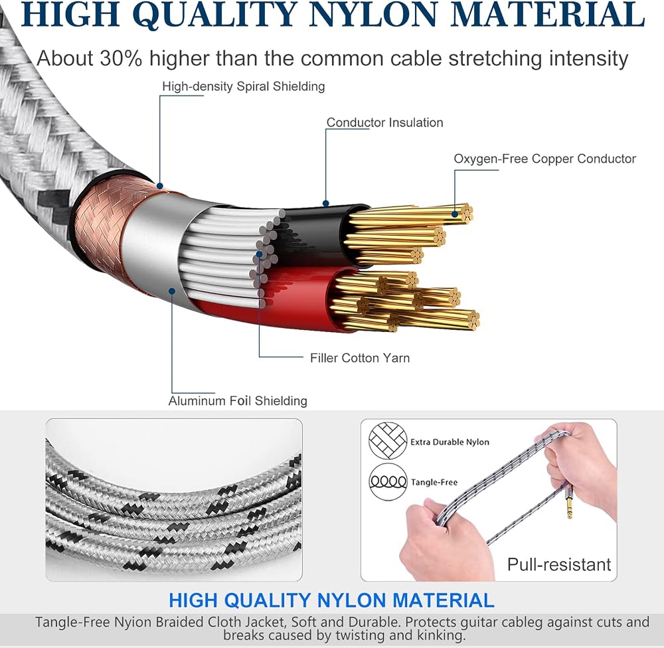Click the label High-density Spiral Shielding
pyautogui.click(x=244, y=86)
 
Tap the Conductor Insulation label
pyautogui.click(x=384, y=122)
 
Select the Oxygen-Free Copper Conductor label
pyautogui.click(x=544, y=159)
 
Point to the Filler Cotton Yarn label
pyautogui.click(x=359, y=358)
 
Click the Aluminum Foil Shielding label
pyautogui.click(x=238, y=400)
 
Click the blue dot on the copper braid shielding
pyautogui.click(x=159, y=186)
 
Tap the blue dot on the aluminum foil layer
pyautogui.click(x=172, y=291)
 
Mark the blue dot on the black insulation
pyautogui.click(x=325, y=203)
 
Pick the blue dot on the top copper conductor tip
pyautogui.click(x=455, y=214)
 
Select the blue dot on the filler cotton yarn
pyautogui.click(x=259, y=254)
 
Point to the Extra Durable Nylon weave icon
pyautogui.click(x=388, y=440)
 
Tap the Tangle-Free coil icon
pyautogui.click(x=388, y=481)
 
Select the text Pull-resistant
pyautogui.click(x=559, y=564)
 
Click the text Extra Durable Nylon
pyautogui.click(x=450, y=442)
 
